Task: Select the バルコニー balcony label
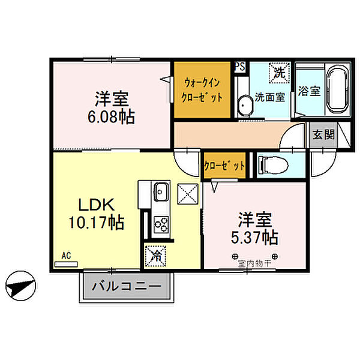click(x=127, y=287)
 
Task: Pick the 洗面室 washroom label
click(x=269, y=97)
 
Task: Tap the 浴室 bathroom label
click(x=308, y=92)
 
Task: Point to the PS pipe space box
click(x=239, y=67)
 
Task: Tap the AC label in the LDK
click(x=66, y=256)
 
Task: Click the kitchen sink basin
click(x=160, y=193)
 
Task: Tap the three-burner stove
click(x=160, y=224)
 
